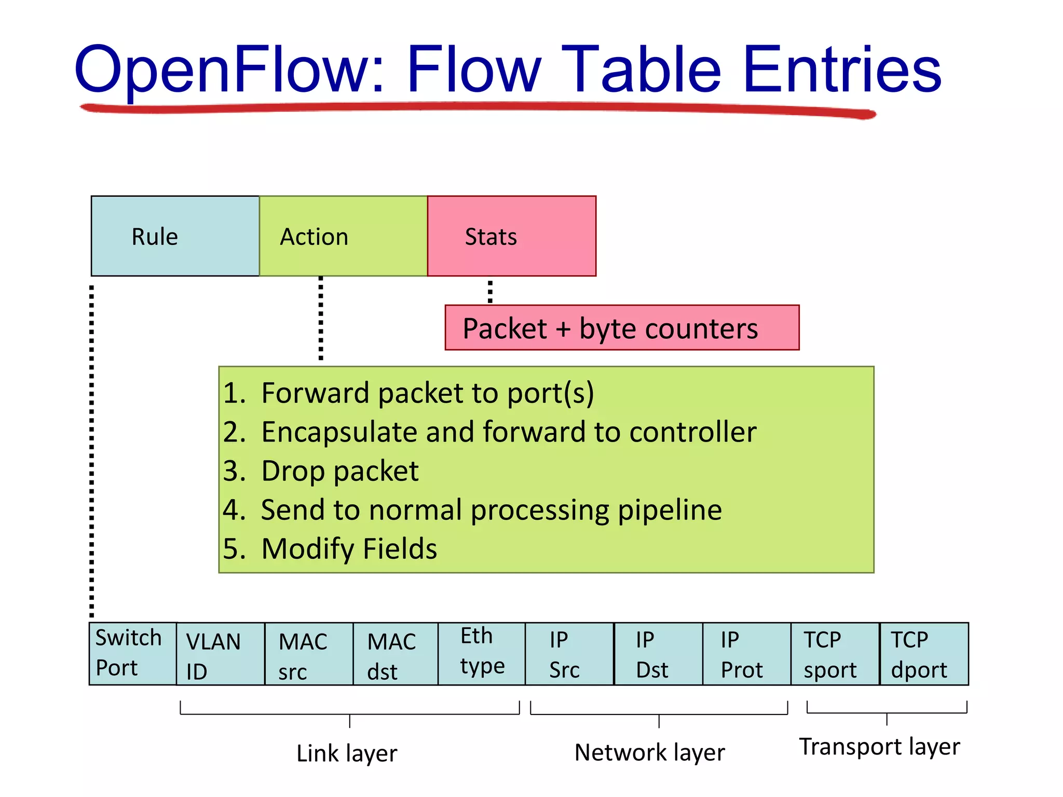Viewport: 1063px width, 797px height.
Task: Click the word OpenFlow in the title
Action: point(228,70)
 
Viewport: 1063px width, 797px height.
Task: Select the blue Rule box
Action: point(175,236)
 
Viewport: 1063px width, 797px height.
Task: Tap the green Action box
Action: point(343,236)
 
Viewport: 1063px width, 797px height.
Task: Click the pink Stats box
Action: point(511,236)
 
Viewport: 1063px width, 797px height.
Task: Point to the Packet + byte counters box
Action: point(621,328)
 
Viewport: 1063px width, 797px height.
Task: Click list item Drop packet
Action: point(339,471)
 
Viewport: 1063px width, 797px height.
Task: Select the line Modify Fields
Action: point(349,549)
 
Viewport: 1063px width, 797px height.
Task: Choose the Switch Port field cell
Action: point(132,654)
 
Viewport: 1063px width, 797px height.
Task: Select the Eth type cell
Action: point(481,653)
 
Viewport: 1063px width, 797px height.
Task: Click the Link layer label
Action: point(347,753)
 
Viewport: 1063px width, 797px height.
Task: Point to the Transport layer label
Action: point(879,747)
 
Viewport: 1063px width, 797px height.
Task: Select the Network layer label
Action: point(649,752)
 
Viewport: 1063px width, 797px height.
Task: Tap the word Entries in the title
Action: point(842,70)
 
